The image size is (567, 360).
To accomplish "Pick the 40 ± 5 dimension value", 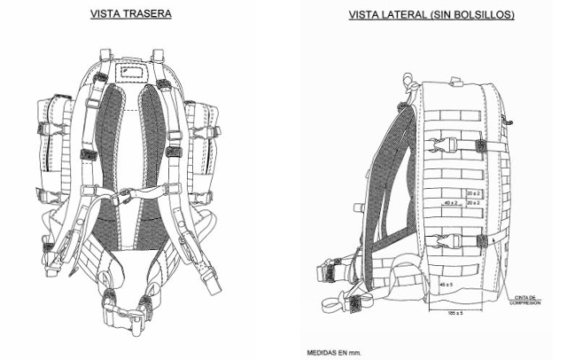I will [x=447, y=284].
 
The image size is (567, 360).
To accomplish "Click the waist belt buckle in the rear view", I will [x=124, y=311].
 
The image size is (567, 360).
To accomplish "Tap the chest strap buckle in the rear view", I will [x=125, y=194].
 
